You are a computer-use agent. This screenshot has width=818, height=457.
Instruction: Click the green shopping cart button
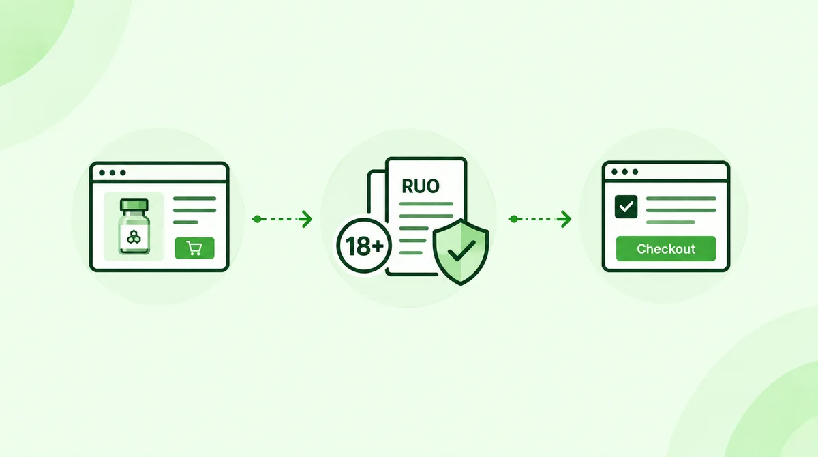195,248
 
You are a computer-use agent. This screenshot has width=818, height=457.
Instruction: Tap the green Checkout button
666,249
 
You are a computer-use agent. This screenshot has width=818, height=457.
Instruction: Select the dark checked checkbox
626,207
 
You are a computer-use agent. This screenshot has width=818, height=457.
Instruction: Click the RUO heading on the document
421,186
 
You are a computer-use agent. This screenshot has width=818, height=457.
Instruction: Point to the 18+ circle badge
364,246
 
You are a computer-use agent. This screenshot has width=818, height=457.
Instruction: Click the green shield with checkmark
461,252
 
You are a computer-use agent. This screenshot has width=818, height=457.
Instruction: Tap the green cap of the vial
134,205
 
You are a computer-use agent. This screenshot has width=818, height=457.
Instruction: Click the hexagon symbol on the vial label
134,237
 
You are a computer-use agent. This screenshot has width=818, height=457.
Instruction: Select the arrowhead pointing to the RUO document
306,219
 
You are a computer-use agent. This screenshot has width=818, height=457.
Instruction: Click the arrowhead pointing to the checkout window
564,219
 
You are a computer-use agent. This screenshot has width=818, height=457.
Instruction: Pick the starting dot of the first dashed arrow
257,219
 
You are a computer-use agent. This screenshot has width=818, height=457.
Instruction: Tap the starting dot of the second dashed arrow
514,219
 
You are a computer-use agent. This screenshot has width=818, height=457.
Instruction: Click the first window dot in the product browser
102,173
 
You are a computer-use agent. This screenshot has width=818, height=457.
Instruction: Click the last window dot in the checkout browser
635,172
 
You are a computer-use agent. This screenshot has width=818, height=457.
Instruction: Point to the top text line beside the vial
195,198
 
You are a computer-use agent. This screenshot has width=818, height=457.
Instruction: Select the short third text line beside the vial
185,222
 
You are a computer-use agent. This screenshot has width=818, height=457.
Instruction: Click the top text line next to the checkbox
681,198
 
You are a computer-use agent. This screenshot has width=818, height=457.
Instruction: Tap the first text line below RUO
426,204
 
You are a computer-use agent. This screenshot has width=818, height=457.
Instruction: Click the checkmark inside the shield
461,251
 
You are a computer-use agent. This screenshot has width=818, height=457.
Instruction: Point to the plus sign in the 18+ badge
378,246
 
